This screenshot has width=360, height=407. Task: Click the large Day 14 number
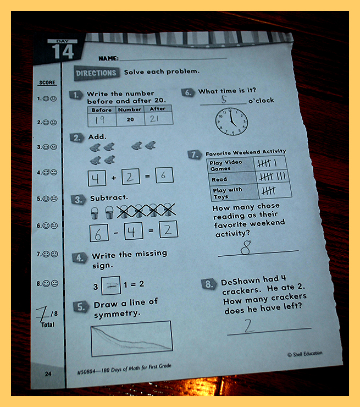click(63, 51)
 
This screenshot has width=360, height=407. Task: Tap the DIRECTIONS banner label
click(96, 73)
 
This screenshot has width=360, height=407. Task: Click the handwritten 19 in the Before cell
click(100, 119)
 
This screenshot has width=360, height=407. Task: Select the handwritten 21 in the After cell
click(154, 119)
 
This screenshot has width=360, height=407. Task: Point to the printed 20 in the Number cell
click(130, 119)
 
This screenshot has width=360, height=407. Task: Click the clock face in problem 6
click(231, 122)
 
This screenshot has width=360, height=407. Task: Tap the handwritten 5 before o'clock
click(224, 99)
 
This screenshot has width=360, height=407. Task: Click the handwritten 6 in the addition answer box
click(163, 175)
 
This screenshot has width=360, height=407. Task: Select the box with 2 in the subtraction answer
click(168, 229)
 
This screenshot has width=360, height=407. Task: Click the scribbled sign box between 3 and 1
click(111, 285)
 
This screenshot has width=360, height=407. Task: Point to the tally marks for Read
click(273, 177)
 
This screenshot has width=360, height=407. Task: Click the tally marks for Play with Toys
click(268, 191)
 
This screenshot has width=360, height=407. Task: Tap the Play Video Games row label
click(226, 166)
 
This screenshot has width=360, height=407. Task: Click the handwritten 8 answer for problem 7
click(246, 248)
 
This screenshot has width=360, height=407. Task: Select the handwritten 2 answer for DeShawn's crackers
click(249, 326)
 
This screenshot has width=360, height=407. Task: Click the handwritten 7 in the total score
click(42, 313)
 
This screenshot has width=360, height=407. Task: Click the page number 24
click(48, 374)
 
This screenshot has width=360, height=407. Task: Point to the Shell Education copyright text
click(304, 354)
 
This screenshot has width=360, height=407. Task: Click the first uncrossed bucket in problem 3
click(95, 213)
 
